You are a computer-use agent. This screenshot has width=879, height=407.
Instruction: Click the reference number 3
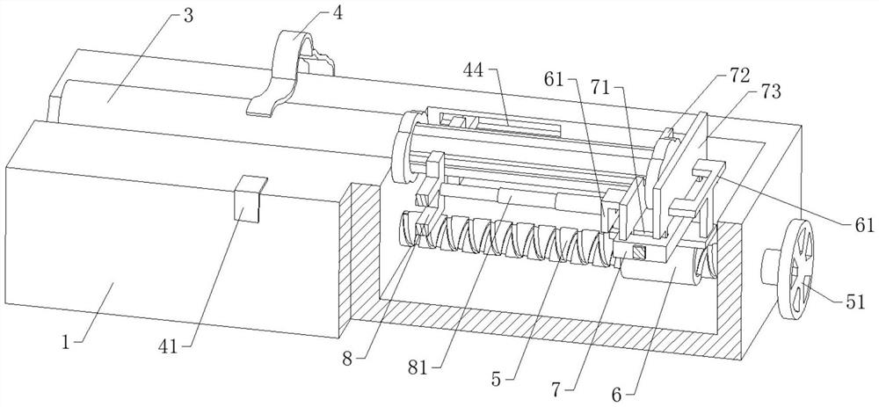coord(188,16)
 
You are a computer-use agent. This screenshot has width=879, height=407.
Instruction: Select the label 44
coord(476,70)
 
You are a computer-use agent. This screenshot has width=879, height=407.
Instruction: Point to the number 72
coord(740,73)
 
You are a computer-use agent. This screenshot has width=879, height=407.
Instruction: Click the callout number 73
coord(770,92)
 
